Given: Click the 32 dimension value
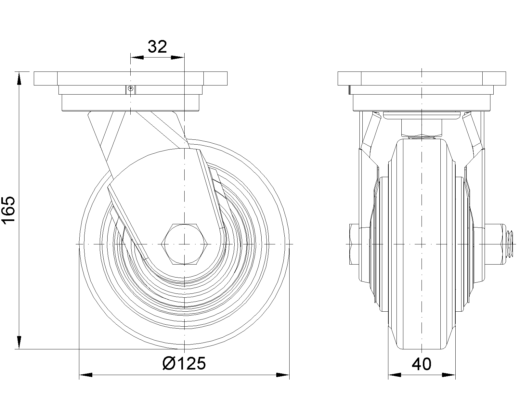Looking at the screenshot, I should [x=157, y=47].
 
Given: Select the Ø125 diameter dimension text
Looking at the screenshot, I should [x=184, y=363].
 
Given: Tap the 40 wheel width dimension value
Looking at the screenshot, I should [x=422, y=364].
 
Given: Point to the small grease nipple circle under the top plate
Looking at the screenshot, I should [x=130, y=88].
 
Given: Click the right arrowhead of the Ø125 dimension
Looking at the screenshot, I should [x=283, y=375].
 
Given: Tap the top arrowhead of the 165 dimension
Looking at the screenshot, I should [x=19, y=78].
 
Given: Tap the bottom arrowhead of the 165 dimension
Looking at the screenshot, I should [x=19, y=343].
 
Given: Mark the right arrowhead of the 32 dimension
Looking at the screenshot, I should [x=177, y=58].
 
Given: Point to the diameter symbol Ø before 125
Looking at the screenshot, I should [x=169, y=363].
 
